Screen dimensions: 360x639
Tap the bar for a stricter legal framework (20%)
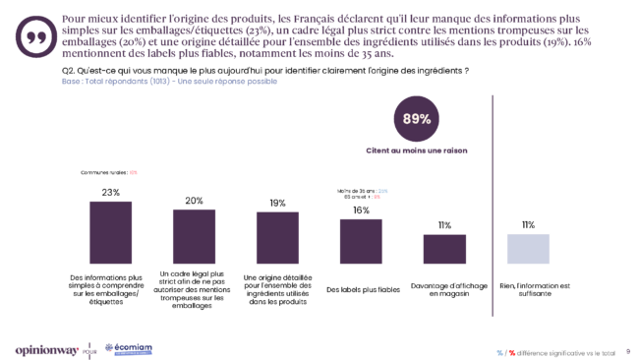pos(194,235)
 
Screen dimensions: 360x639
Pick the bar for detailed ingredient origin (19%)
pos(277,236)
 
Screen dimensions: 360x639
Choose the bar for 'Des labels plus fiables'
pos(361,240)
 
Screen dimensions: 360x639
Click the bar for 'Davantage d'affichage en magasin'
pos(444,248)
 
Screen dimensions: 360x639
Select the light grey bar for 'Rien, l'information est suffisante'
pos(528,248)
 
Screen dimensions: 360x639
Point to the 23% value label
pos(110,193)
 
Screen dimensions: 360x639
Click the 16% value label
pos(361,210)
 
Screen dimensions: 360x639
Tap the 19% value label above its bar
pos(277,203)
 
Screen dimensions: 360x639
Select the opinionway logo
pos(46,349)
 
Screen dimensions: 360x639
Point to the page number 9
pos(627,350)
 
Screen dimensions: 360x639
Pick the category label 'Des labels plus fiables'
pos(361,289)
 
